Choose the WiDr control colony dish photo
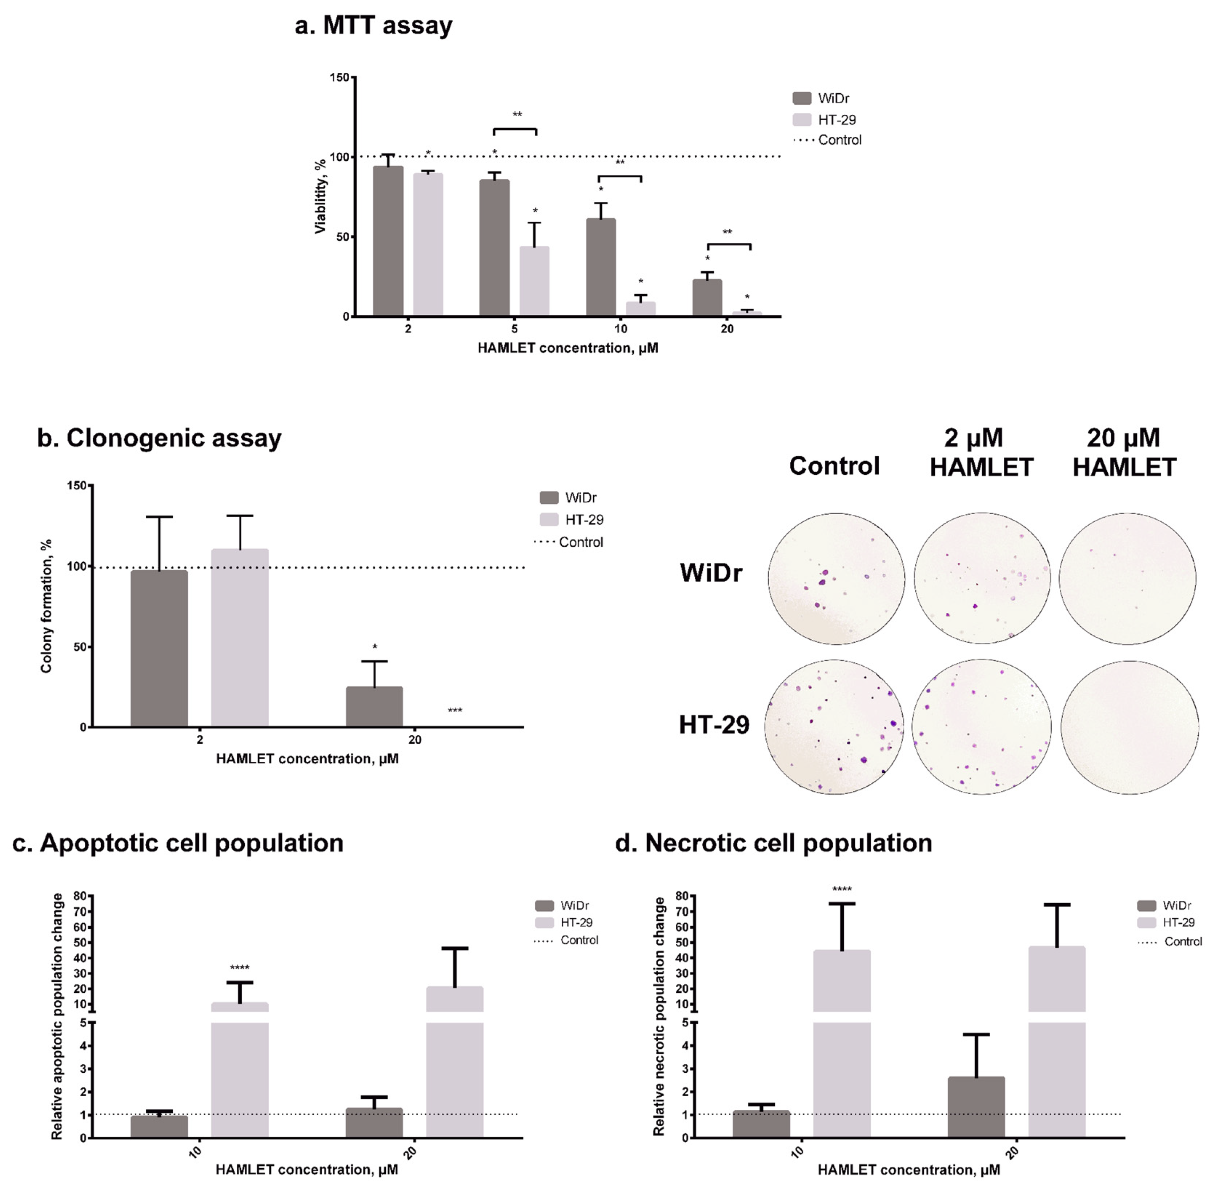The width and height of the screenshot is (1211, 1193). [836, 578]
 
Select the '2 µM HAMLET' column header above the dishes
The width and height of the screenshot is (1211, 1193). [981, 453]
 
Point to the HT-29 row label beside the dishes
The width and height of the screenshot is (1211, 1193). [714, 725]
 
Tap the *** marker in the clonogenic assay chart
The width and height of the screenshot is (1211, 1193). [454, 711]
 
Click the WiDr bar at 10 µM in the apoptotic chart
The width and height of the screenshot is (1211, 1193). [159, 1126]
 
